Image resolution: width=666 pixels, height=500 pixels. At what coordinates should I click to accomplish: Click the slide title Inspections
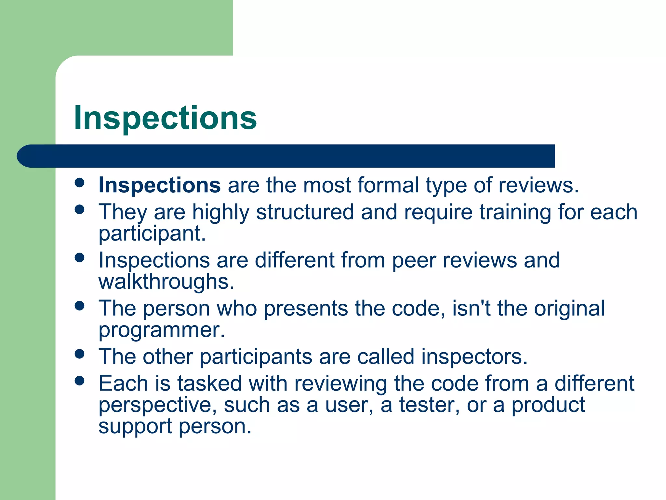165,118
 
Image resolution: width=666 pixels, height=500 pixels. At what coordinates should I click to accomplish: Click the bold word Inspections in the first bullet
160,185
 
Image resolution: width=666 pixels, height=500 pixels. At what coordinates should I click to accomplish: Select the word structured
305,212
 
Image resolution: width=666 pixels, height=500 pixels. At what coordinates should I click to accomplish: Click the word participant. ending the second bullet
152,233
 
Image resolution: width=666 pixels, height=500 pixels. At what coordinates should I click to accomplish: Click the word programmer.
162,330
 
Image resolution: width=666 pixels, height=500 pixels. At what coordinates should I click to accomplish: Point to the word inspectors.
474,356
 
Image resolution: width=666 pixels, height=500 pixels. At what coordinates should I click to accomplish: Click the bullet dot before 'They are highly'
79,209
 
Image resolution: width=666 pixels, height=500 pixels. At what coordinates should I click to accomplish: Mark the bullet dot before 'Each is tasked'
79,381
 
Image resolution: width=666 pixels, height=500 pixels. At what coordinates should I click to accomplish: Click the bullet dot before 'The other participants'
79,354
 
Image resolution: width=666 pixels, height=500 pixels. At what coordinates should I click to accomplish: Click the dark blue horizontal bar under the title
286,156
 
